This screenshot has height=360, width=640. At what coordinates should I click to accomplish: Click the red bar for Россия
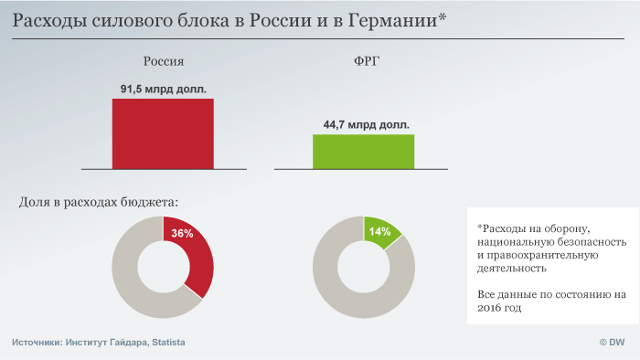pos(163,133)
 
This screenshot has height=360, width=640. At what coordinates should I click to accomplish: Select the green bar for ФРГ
pos(363,152)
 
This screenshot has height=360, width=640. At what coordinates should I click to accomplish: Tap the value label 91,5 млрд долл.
pos(164,89)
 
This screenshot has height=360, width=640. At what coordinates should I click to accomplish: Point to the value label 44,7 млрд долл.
pos(366,125)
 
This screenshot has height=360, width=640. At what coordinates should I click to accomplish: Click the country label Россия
pos(164,61)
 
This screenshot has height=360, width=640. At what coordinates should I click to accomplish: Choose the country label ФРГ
pos(366,61)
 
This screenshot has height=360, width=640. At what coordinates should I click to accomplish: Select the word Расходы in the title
pos(49,20)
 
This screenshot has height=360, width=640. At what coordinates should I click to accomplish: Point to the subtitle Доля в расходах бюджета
pos(99,202)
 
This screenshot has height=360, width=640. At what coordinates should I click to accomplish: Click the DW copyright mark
pos(612,343)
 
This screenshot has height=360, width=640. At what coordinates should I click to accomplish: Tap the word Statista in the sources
pos(168,343)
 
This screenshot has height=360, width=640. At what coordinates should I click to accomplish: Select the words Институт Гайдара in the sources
pos(107,343)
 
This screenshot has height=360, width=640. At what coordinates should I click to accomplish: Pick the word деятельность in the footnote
pos(512,269)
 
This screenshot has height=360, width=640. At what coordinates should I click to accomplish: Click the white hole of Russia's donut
pos(163,267)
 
